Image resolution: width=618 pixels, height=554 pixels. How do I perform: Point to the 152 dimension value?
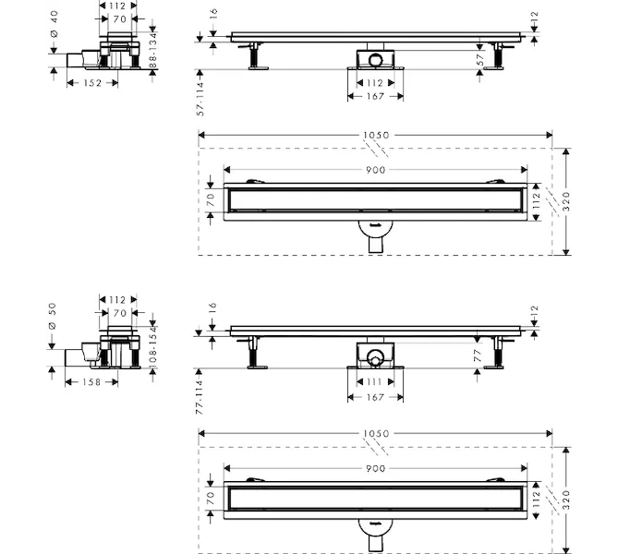[x=92, y=81]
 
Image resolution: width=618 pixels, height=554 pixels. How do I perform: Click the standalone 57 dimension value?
[x=479, y=59]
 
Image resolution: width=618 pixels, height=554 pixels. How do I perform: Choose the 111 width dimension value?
[x=374, y=381]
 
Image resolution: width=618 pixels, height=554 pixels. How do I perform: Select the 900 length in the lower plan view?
[x=375, y=467]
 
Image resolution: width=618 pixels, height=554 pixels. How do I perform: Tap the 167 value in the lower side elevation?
[x=375, y=398]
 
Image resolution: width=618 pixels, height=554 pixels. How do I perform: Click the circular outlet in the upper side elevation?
[x=375, y=60]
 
